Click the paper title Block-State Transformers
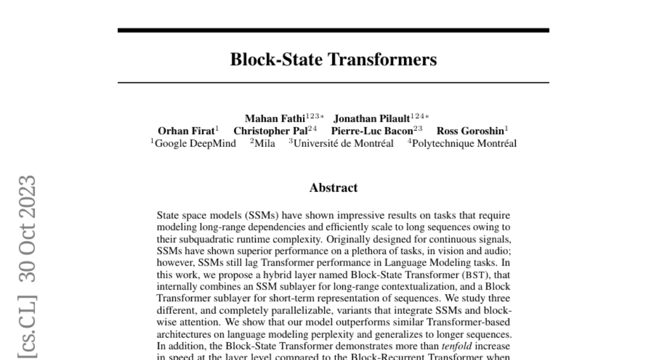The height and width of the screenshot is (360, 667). coord(333,59)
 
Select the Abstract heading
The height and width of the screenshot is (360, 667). coord(333,188)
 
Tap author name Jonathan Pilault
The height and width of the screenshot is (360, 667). coord(371,118)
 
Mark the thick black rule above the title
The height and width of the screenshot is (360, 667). coord(333,30)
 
